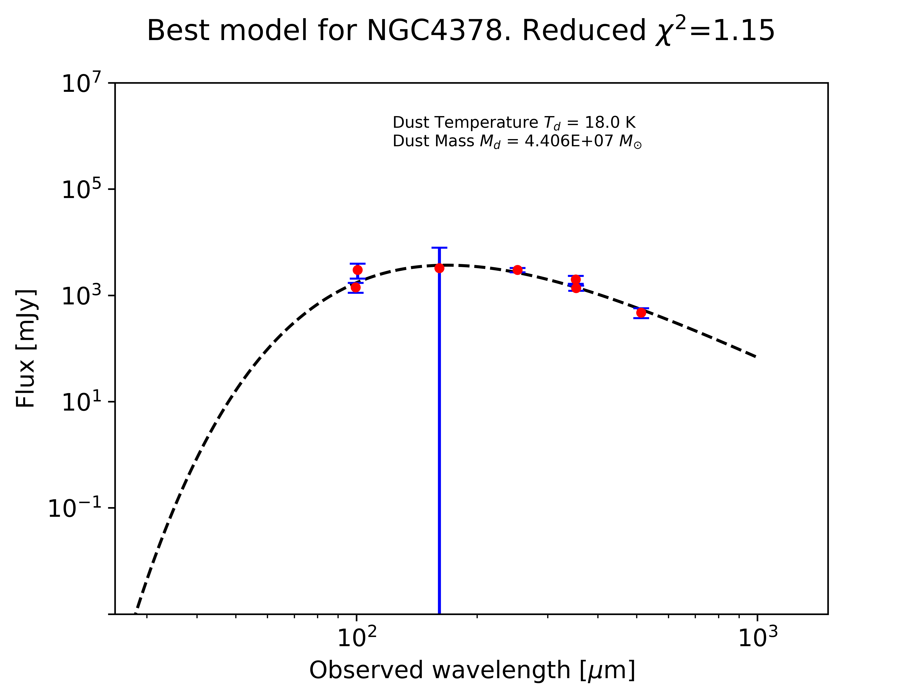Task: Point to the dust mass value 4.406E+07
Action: click(x=569, y=141)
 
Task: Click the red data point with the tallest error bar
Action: click(x=439, y=268)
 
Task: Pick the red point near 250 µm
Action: click(x=517, y=270)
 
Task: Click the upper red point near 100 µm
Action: click(x=357, y=270)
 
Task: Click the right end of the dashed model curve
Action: click(x=755, y=356)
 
